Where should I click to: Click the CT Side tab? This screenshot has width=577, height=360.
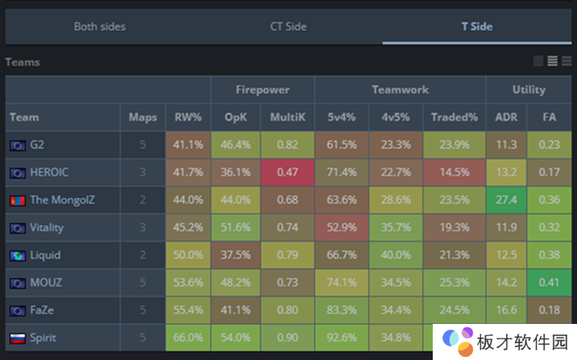tap(288, 27)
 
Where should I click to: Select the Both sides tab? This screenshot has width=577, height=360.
tap(100, 27)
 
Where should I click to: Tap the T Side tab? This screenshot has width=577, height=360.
tap(477, 27)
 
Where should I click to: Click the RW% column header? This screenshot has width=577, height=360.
tap(188, 117)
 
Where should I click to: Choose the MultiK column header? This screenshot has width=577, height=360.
tap(287, 117)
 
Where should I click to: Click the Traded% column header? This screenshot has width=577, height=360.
tap(454, 117)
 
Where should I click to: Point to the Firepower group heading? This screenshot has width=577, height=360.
tap(263, 90)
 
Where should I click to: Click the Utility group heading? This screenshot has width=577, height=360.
tap(529, 90)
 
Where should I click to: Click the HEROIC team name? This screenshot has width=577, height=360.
tap(49, 172)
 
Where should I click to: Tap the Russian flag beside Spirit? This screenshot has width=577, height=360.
tap(17, 338)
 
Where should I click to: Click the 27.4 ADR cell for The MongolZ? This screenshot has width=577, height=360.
tap(506, 200)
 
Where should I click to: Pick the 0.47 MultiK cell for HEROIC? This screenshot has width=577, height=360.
tap(287, 172)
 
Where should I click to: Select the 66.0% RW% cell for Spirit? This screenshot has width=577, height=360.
tap(188, 338)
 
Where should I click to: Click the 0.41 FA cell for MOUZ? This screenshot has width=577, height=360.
tap(550, 283)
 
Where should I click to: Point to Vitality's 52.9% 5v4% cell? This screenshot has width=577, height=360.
tap(341, 227)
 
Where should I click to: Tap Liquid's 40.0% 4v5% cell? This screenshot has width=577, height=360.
tap(395, 255)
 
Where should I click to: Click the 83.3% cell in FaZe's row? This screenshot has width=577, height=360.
tap(341, 310)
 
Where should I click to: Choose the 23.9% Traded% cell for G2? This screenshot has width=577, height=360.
tap(454, 144)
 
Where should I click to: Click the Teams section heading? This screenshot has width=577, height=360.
tap(22, 62)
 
